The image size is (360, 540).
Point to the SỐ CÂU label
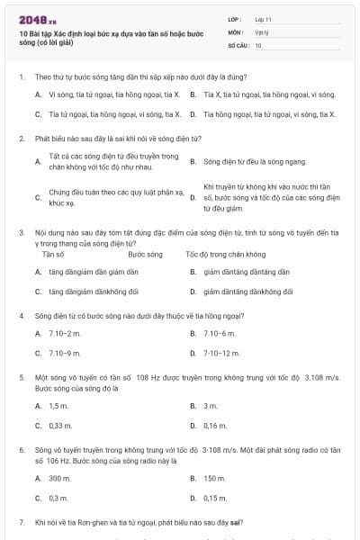pyautogui.click(x=237, y=44)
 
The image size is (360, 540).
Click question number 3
pyautogui.click(x=21, y=231)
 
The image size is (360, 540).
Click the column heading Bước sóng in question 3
pyautogui.click(x=145, y=255)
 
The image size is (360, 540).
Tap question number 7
pyautogui.click(x=21, y=522)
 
